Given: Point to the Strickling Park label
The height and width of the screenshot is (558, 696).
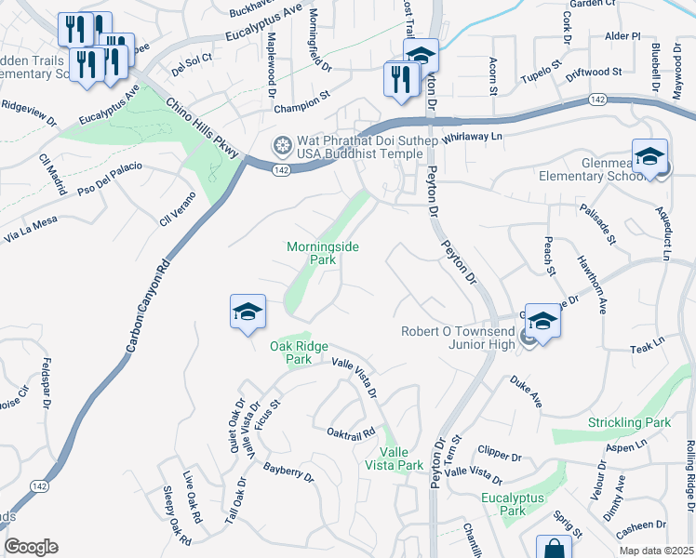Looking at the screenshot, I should pyautogui.click(x=629, y=422).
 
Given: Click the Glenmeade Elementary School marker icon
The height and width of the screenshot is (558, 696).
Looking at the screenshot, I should pyautogui.click(x=649, y=156).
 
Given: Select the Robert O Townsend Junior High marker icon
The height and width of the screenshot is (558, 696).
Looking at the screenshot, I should pyautogui.click(x=542, y=321).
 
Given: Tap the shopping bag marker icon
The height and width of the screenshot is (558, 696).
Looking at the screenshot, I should pyautogui.click(x=554, y=548).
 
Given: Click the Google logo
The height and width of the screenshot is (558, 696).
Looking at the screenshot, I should pyautogui.click(x=31, y=547).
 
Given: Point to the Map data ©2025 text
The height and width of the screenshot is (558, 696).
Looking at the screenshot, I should pyautogui.click(x=656, y=551).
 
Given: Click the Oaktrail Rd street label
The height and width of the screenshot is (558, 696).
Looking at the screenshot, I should pyautogui.click(x=350, y=432).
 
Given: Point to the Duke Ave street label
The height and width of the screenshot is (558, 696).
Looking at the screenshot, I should pyautogui.click(x=525, y=391).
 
